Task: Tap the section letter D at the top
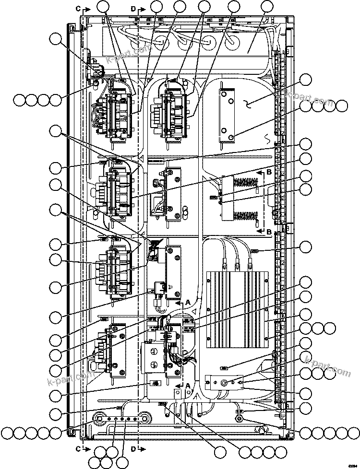click(x=133, y=9)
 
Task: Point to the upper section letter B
click(x=269, y=171)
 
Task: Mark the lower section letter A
click(x=188, y=385)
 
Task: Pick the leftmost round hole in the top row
click(x=161, y=41)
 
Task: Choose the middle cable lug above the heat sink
click(x=237, y=263)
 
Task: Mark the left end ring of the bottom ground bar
click(x=100, y=415)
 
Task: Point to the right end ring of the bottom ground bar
click(x=144, y=415)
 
